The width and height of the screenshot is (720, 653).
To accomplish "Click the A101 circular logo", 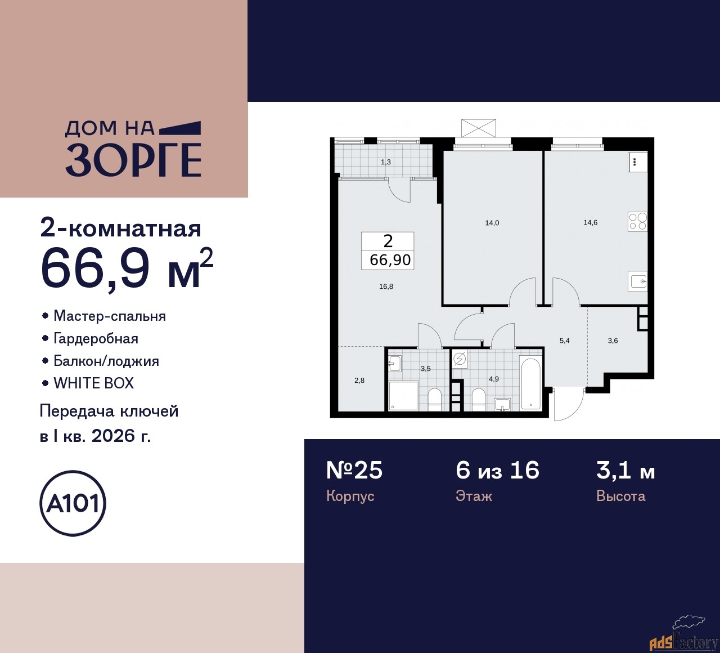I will pyautogui.click(x=73, y=503).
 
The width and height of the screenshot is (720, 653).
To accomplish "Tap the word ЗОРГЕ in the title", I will pyautogui.click(x=133, y=160).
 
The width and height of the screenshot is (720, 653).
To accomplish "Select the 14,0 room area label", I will pyautogui.click(x=492, y=223).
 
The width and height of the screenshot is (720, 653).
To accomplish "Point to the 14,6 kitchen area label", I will pyautogui.click(x=590, y=222).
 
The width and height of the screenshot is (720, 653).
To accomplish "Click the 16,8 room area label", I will pyautogui.click(x=386, y=287).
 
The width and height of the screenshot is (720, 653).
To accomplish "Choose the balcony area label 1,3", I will pyautogui.click(x=385, y=162).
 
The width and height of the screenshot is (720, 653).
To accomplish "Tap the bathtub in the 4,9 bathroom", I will pyautogui.click(x=530, y=384).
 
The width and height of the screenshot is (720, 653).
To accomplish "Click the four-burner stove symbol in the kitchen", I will pyautogui.click(x=637, y=221).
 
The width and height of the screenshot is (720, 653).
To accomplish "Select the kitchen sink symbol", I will pyautogui.click(x=638, y=281).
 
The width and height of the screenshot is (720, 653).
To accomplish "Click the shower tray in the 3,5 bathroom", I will pyautogui.click(x=403, y=396).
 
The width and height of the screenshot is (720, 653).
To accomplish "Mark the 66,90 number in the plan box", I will pyautogui.click(x=390, y=260).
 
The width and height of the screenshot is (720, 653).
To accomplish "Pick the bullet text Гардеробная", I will pyautogui.click(x=96, y=338).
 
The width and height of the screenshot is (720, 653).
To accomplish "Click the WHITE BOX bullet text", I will pyautogui.click(x=93, y=383).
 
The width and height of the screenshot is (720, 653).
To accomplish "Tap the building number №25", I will pyautogui.click(x=354, y=470).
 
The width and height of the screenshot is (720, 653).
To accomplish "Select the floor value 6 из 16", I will pyautogui.click(x=497, y=470).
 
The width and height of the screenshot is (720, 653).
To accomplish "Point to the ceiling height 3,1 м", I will pyautogui.click(x=625, y=470).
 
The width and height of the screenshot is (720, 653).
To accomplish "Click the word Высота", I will pyautogui.click(x=620, y=496).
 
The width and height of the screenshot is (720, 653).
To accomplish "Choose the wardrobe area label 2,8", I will pyautogui.click(x=359, y=381).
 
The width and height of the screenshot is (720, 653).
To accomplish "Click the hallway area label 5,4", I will pyautogui.click(x=564, y=341).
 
